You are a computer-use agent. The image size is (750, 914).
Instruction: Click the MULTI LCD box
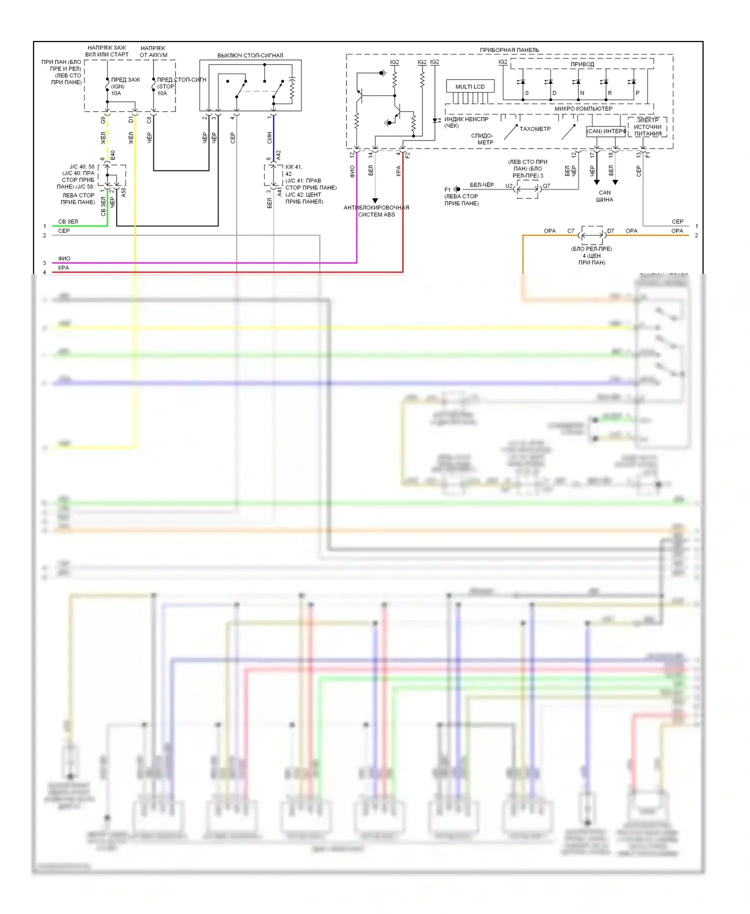[x=470, y=86]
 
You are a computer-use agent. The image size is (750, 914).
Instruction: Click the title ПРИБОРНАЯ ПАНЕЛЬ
[x=509, y=50]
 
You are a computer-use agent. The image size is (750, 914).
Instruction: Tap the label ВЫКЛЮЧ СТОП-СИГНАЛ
[x=250, y=55]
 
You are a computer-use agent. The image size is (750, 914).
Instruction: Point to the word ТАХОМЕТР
[x=534, y=129]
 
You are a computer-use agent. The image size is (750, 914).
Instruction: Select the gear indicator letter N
[x=582, y=93]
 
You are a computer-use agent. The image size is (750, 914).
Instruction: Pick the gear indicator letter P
[x=637, y=93]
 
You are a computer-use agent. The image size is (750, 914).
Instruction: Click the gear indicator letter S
[x=526, y=93]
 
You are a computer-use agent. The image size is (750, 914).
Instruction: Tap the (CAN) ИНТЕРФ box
[x=606, y=131]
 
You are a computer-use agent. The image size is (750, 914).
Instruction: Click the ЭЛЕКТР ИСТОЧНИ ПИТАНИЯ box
[x=647, y=127]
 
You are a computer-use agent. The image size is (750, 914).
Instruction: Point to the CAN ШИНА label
[x=604, y=196]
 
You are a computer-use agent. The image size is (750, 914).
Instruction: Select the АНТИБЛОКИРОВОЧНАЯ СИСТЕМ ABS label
[x=376, y=211]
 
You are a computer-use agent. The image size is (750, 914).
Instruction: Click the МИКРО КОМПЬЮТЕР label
[x=583, y=108]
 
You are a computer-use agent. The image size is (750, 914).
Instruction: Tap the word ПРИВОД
[x=582, y=64]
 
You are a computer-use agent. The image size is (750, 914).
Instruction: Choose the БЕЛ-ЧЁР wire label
[x=481, y=185]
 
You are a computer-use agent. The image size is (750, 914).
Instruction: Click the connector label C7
[x=570, y=231]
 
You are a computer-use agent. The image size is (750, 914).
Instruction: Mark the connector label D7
[x=610, y=231]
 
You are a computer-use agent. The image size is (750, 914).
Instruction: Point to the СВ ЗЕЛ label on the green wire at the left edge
[x=68, y=221]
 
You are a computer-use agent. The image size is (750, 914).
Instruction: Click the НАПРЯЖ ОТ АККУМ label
[x=153, y=51]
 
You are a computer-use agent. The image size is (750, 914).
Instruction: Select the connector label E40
[x=113, y=155]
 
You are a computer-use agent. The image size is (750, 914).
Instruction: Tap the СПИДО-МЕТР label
[x=482, y=139]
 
